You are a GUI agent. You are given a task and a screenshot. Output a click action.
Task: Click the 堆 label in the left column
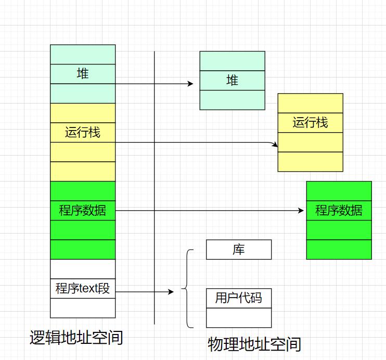click(x=83, y=74)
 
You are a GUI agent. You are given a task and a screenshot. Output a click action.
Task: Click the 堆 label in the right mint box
click(x=232, y=80)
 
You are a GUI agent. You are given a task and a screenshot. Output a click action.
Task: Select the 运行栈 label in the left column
click(x=83, y=132)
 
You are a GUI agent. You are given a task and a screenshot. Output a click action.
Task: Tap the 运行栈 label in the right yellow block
click(x=310, y=123)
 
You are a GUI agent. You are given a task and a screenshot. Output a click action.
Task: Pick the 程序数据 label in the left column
click(x=83, y=210)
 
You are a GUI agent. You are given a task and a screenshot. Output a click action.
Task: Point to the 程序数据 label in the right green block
click(x=339, y=211)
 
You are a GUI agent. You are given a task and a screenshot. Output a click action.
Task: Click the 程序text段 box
click(x=83, y=288)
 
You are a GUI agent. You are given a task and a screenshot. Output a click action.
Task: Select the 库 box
click(x=239, y=250)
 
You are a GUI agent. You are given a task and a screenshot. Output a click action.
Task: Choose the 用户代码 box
click(x=239, y=298)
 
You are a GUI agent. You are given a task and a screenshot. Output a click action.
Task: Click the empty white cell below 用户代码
click(x=239, y=317)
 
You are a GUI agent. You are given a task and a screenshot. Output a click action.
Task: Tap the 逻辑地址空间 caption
click(x=76, y=338)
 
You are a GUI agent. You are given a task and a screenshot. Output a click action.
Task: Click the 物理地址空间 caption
click(x=254, y=344)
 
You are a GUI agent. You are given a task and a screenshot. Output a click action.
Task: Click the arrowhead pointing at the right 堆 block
click(x=191, y=83)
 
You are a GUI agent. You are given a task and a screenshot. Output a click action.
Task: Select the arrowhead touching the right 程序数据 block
click(x=301, y=211)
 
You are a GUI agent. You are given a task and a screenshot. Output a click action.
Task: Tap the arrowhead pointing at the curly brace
click(x=171, y=292)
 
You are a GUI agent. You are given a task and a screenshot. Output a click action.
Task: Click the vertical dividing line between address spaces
click(x=155, y=187)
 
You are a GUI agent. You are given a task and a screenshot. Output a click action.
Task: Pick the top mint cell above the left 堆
click(x=83, y=54)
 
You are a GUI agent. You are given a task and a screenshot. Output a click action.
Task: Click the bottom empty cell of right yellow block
click(x=310, y=161)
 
